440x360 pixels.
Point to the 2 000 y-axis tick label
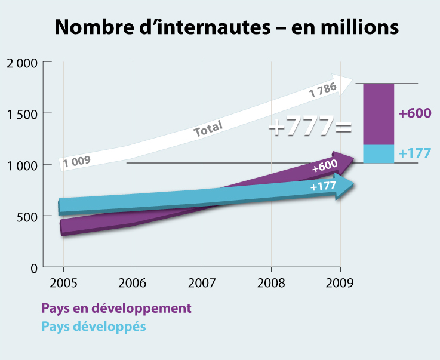pos(21,62)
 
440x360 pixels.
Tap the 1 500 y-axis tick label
pos(21,113)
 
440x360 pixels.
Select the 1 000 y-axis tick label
pos(21,165)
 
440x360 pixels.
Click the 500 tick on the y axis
pos(26,216)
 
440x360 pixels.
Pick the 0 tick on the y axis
pos(34,267)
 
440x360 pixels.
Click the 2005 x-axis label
pos(63,282)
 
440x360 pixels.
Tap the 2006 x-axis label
pos(132,282)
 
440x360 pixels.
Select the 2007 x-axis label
pos(202,282)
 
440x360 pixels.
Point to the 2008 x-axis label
pos(271,282)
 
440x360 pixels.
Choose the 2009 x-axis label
pos(340,282)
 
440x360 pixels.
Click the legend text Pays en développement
pos(116,309)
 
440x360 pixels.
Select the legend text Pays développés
pos(94,327)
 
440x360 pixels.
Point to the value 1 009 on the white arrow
pos(76,161)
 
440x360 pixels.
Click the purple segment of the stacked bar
pos(379,114)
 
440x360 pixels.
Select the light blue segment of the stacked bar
pos(379,153)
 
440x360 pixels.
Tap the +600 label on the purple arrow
pos(325,167)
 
